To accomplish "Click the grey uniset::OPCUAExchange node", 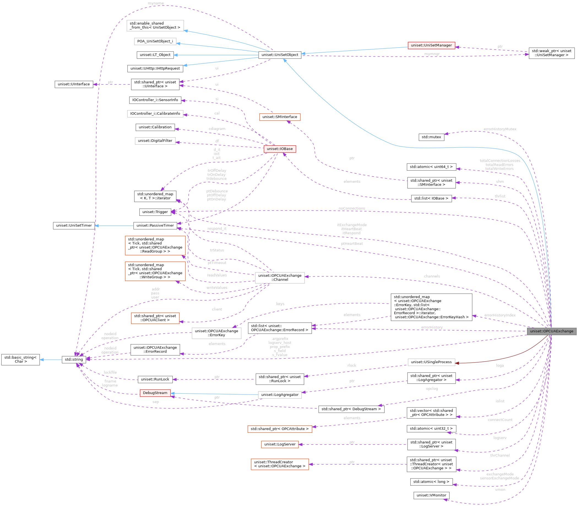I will (551, 331).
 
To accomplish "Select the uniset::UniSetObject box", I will (279, 55).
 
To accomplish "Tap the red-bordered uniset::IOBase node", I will (279, 149).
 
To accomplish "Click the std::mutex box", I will (431, 137).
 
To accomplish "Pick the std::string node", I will (74, 360).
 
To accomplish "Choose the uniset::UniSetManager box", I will (431, 45).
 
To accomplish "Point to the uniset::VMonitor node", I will (431, 495).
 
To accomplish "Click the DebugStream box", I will (155, 393).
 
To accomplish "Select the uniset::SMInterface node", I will (279, 117).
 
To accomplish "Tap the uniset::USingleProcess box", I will (431, 362).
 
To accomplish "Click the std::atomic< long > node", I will (431, 482).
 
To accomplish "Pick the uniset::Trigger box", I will (155, 212).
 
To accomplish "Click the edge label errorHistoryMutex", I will (500, 129).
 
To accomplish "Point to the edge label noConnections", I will (352, 208).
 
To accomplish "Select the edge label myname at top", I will (156, 3).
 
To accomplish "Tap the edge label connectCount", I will (500, 420).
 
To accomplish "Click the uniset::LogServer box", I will (279, 444).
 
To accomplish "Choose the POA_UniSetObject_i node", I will (155, 41).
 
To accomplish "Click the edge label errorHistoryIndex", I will (500, 315).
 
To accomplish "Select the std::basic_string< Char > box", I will (20, 360).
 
